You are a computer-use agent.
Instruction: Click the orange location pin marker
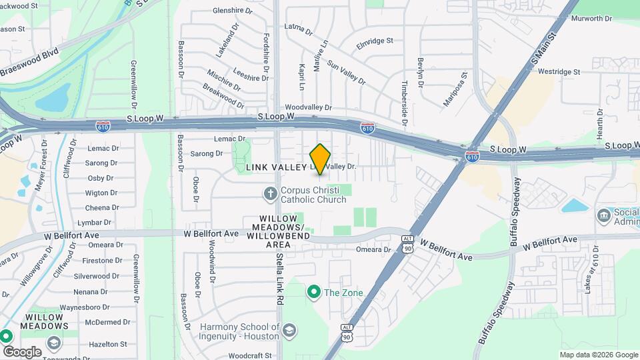tap(320, 159)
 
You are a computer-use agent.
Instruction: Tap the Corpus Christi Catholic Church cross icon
tap(270, 194)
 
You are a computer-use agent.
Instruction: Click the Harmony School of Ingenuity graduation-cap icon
tap(289, 330)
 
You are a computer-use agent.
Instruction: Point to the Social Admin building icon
tap(604, 216)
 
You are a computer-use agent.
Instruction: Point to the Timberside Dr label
tap(404, 100)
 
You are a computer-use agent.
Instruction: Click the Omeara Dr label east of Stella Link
tap(373, 249)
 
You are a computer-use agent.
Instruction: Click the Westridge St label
tap(559, 71)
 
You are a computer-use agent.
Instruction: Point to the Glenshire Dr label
tap(233, 11)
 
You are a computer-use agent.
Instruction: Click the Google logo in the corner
tap(21, 352)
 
